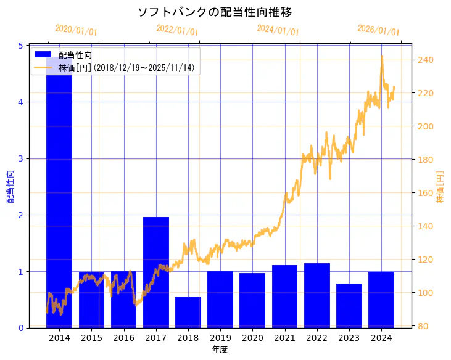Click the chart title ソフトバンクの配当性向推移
pyautogui.click(x=214, y=12)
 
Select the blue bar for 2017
pyautogui.click(x=156, y=272)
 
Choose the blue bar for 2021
pyautogui.click(x=285, y=297)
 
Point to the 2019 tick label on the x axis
pyautogui.click(x=220, y=338)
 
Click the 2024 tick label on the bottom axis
pyautogui.click(x=381, y=338)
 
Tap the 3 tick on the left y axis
pyautogui.click(x=20, y=158)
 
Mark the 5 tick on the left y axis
pyautogui.click(x=20, y=46)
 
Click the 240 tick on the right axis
pyautogui.click(x=424, y=60)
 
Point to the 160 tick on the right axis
pyautogui.click(x=424, y=193)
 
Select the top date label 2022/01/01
pyautogui.click(x=178, y=30)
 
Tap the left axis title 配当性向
pyautogui.click(x=10, y=186)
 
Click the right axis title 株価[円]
pyautogui.click(x=441, y=187)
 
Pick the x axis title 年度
pyautogui.click(x=220, y=350)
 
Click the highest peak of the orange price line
pyautogui.click(x=382, y=57)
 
